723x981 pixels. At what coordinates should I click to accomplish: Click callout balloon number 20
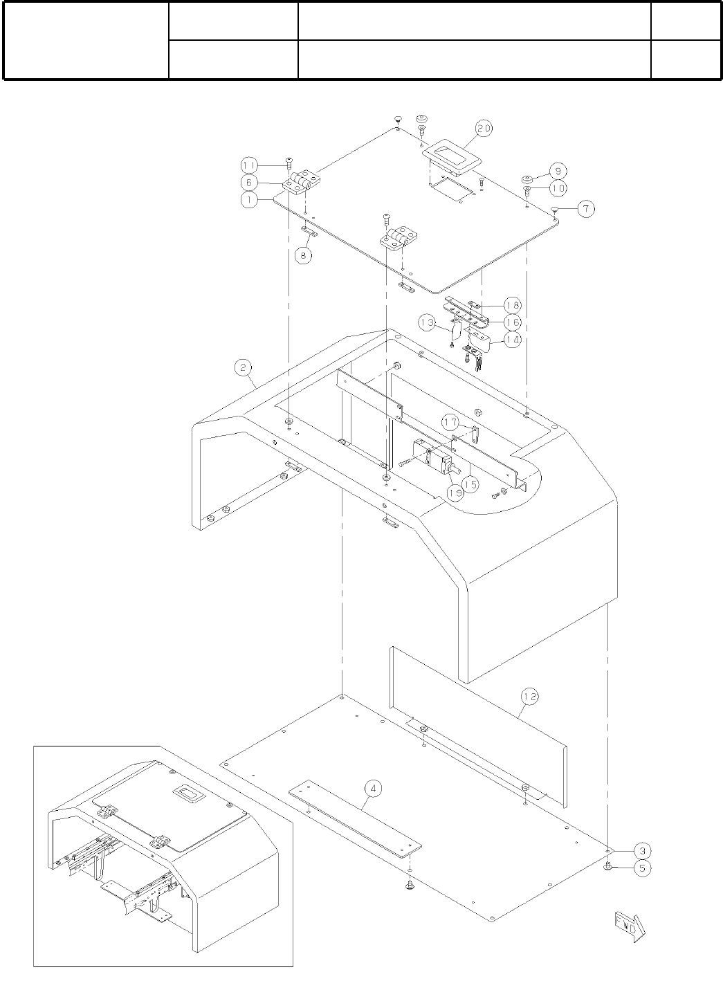click(x=483, y=129)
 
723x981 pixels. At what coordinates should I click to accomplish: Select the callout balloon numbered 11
click(x=249, y=165)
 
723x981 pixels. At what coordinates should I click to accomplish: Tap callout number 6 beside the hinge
click(x=249, y=182)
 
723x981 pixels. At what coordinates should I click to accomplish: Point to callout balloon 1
click(x=249, y=198)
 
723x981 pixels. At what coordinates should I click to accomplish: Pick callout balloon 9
click(x=558, y=170)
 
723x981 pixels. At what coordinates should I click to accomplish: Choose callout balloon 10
click(x=558, y=187)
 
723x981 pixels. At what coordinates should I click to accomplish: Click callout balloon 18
click(x=513, y=305)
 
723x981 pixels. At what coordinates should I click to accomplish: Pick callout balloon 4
click(x=373, y=787)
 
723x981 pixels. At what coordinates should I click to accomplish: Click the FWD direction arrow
click(x=628, y=927)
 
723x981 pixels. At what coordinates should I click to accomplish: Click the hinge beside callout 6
click(x=302, y=181)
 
